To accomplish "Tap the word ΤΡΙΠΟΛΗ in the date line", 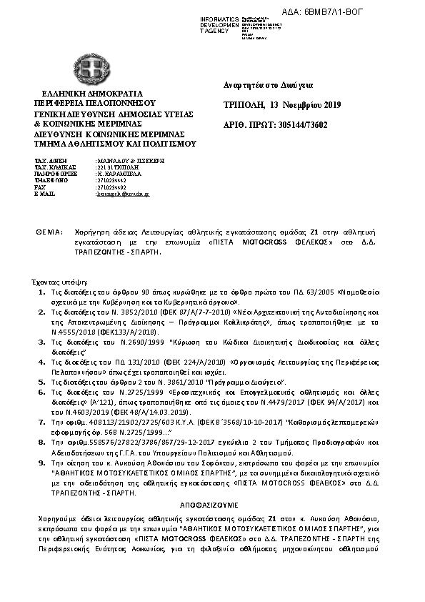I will click(x=242, y=106).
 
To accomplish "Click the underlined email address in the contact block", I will click(x=123, y=194).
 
